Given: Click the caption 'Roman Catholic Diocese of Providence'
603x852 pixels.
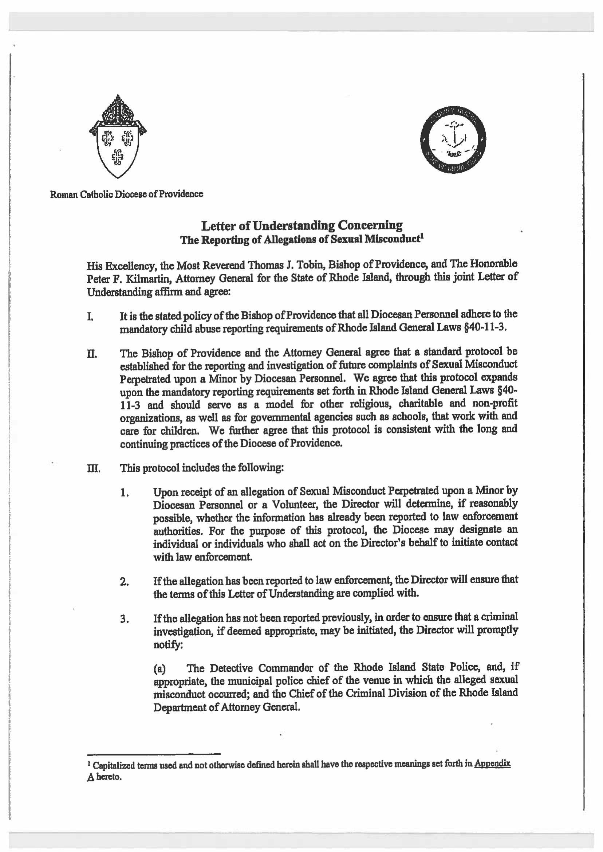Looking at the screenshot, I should (x=127, y=194).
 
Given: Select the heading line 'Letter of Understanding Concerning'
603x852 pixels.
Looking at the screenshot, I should (x=301, y=225).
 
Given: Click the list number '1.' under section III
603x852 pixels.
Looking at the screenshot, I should (x=125, y=493).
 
